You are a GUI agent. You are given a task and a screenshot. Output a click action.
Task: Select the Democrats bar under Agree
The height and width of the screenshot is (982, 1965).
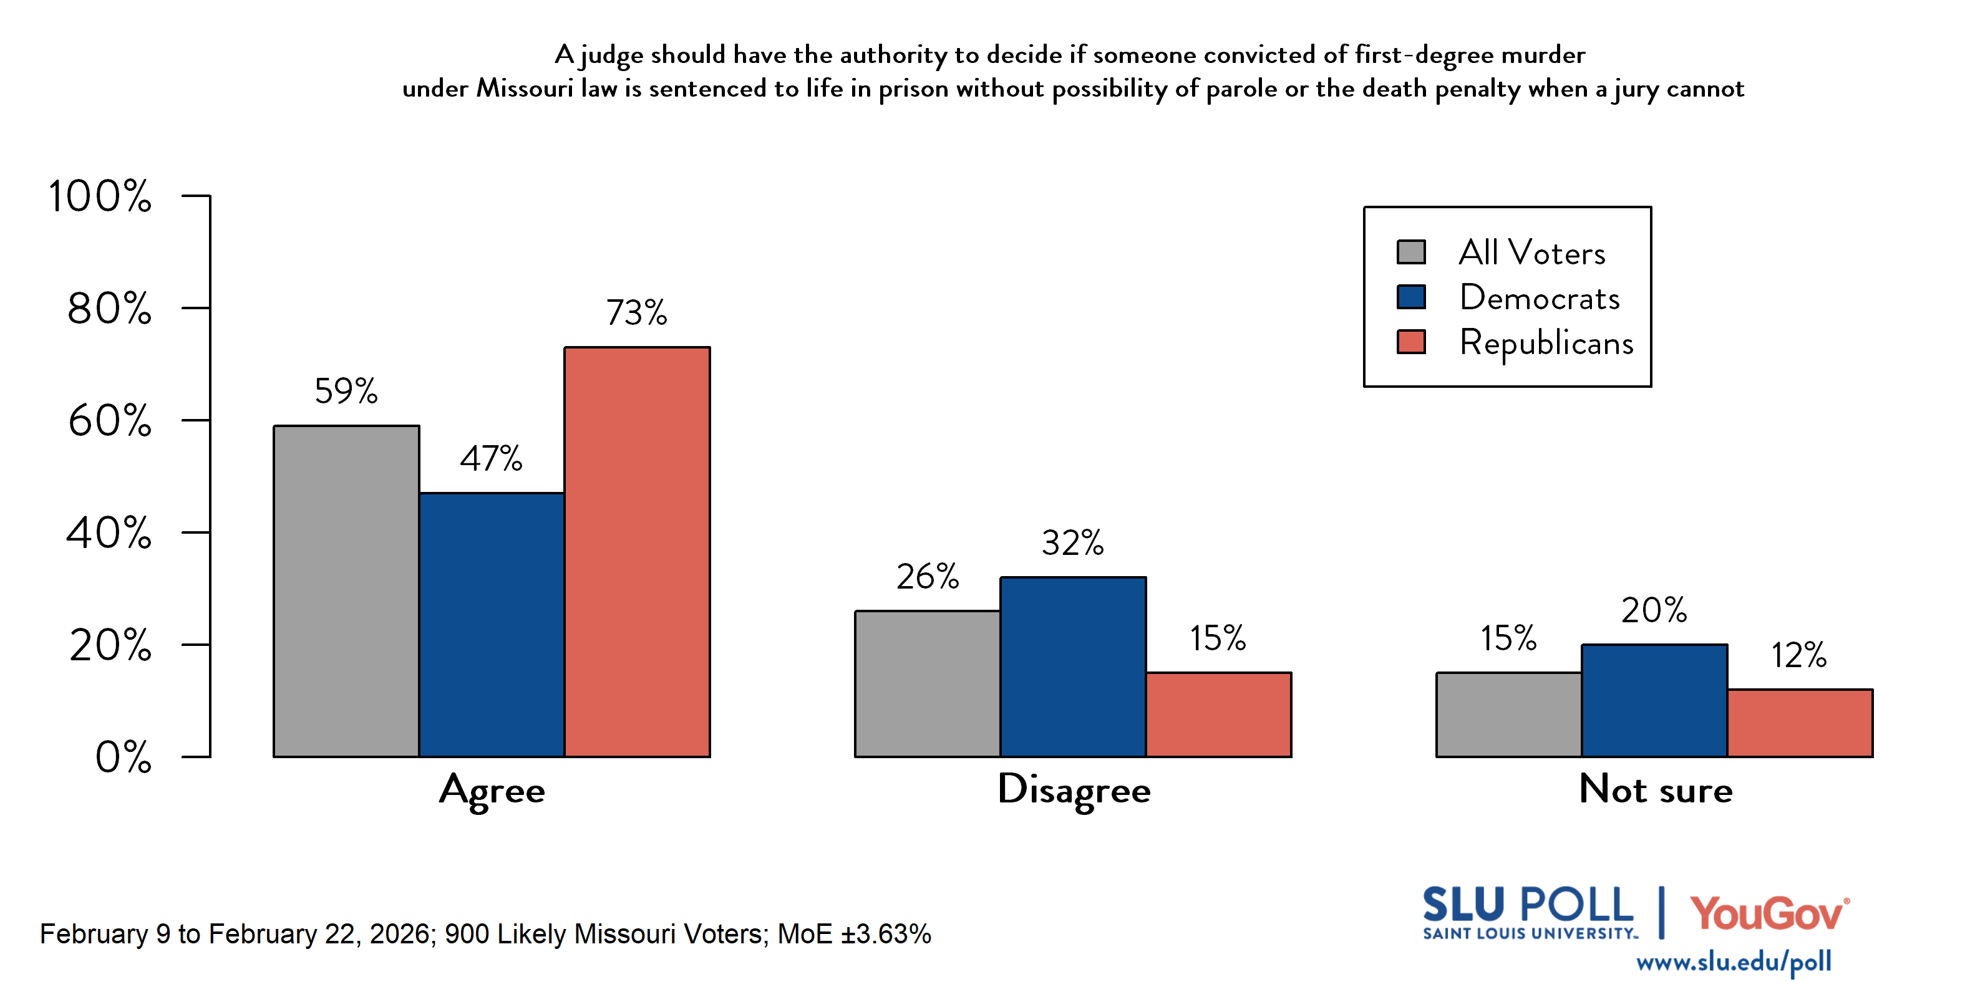[492, 625]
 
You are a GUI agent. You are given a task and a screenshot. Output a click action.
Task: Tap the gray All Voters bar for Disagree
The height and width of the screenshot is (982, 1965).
[928, 684]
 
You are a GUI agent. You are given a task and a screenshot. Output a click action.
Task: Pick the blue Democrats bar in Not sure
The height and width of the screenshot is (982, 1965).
[1654, 701]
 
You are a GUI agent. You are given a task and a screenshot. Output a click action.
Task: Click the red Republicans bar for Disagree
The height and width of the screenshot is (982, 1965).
[1218, 715]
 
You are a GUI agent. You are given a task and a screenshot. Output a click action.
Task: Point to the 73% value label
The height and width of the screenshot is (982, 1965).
[637, 312]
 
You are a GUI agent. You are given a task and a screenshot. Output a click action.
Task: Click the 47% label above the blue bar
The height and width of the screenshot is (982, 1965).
[492, 459]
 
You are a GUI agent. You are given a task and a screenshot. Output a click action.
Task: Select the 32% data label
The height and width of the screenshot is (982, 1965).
[1072, 544]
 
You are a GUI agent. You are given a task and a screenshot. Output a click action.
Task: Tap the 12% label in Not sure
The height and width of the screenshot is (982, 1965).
[1798, 656]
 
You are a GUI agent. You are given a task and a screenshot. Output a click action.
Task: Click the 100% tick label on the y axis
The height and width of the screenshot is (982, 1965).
[100, 196]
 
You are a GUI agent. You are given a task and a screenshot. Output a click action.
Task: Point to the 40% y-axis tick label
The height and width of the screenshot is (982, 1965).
[109, 533]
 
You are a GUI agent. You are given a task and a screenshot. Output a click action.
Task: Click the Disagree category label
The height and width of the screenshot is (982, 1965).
[1074, 791]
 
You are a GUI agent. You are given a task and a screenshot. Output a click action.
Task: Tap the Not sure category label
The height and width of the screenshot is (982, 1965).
[1656, 790]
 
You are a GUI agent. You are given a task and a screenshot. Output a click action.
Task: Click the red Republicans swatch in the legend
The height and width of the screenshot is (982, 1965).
[1410, 342]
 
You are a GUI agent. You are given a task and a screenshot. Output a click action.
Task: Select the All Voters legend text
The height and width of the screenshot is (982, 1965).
[1531, 253]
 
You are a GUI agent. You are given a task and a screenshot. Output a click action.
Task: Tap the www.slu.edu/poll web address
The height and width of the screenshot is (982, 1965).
[1733, 962]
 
